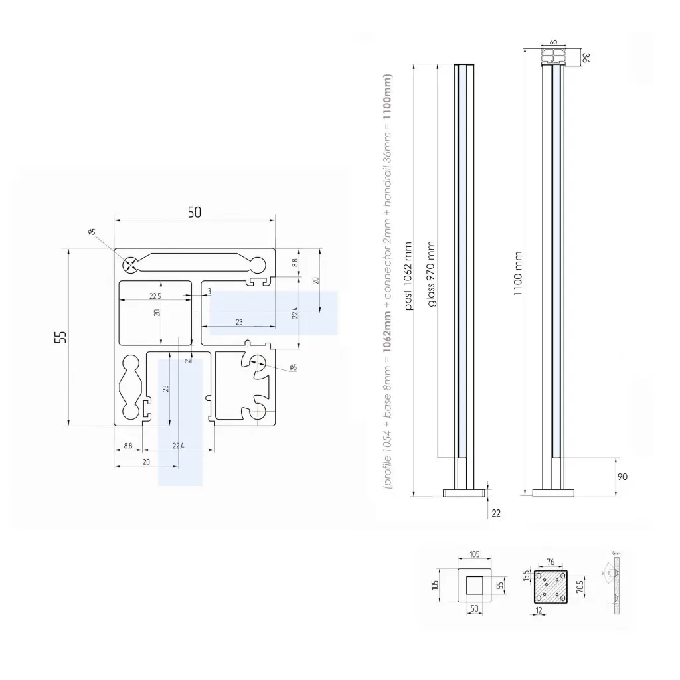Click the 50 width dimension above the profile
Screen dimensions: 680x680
pyautogui.click(x=194, y=212)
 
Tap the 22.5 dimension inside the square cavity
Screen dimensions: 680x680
pyautogui.click(x=155, y=296)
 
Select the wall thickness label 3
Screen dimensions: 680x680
pyautogui.click(x=209, y=291)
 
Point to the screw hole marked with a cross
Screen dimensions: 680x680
pyautogui.click(x=132, y=264)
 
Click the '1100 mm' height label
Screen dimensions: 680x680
pyautogui.click(x=518, y=274)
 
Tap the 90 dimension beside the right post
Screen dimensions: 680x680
pyautogui.click(x=622, y=477)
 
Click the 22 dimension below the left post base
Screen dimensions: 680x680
pyautogui.click(x=496, y=513)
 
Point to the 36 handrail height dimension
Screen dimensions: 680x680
pyautogui.click(x=586, y=58)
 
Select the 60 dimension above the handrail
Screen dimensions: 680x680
pyautogui.click(x=553, y=42)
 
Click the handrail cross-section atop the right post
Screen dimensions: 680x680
pyautogui.click(x=553, y=58)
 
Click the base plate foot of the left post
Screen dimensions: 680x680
pyautogui.click(x=464, y=493)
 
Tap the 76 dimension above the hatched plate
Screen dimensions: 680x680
pyautogui.click(x=550, y=562)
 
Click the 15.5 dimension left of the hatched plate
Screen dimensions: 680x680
pyautogui.click(x=526, y=575)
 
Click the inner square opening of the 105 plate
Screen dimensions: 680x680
pyautogui.click(x=474, y=586)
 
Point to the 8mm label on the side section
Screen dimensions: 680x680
pyautogui.click(x=616, y=552)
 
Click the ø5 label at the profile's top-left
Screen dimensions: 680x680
pyautogui.click(x=91, y=232)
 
